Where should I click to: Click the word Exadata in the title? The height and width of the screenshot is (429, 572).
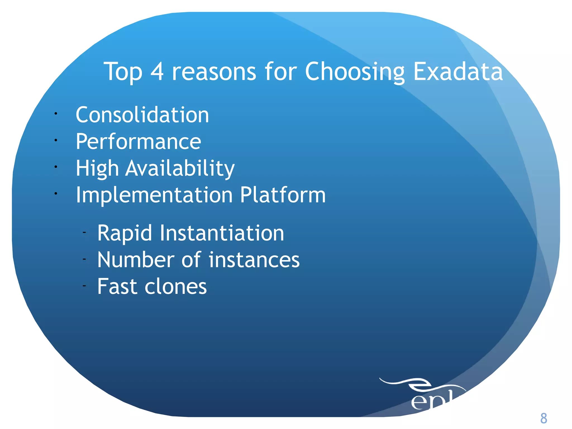pos(458,72)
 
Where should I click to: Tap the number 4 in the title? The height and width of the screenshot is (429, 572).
pos(157,72)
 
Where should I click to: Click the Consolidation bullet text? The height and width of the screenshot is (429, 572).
pos(142,115)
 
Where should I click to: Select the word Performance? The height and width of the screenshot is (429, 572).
pos(138,142)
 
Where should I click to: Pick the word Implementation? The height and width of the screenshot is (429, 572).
pos(154,195)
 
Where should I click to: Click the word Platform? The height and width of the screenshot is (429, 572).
pos(283,195)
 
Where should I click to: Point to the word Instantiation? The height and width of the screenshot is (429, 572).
pos(222,233)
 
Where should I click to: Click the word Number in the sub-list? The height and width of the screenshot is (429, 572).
pos(136,260)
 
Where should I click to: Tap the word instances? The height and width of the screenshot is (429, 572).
pos(254,260)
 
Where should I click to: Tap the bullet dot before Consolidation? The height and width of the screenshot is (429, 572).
pos(56,114)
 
